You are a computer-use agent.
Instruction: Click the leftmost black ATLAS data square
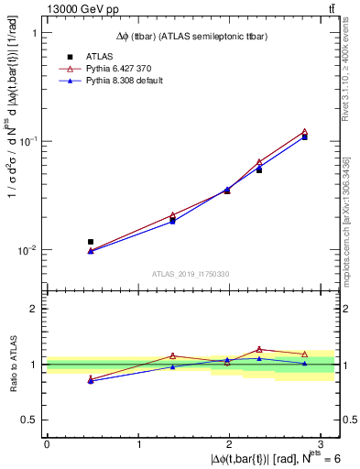click(x=90, y=242)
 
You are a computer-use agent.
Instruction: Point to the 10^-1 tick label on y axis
click(x=26, y=141)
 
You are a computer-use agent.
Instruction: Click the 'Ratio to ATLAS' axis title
click(x=11, y=364)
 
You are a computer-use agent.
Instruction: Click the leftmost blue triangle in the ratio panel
click(x=90, y=381)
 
